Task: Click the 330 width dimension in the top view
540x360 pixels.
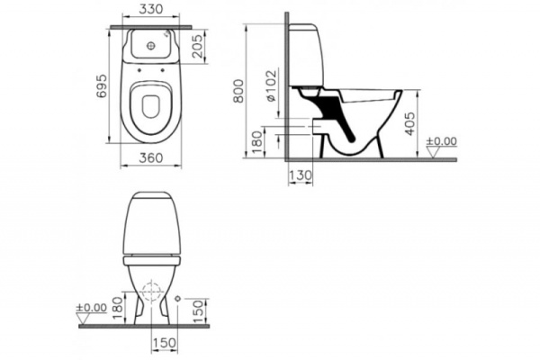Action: (152, 12)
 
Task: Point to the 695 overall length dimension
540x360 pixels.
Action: (101, 84)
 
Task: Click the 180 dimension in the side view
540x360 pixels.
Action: (256, 139)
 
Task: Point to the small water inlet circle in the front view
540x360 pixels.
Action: (180, 298)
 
